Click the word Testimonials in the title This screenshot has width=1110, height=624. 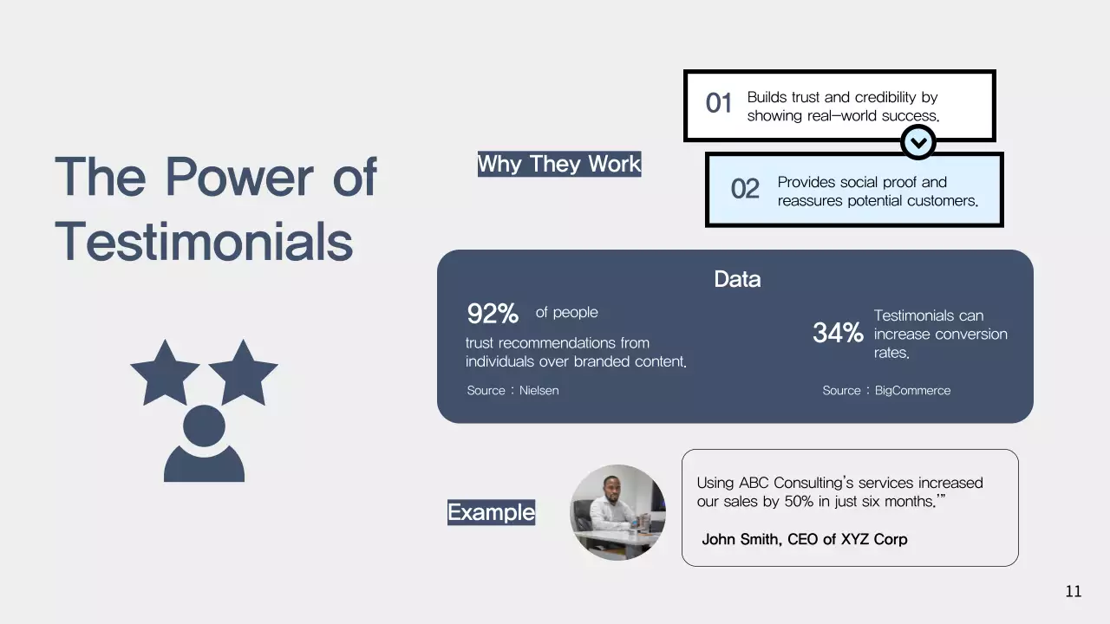click(x=204, y=241)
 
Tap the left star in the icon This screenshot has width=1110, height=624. click(x=165, y=371)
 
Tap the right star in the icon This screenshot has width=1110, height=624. click(x=243, y=371)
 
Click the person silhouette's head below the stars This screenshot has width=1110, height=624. click(x=205, y=426)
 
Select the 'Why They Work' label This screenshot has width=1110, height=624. click(x=558, y=164)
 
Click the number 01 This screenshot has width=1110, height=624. click(x=719, y=104)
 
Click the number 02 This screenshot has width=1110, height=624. click(x=745, y=189)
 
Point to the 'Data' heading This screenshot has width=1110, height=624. click(x=737, y=279)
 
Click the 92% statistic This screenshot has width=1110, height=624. click(x=493, y=313)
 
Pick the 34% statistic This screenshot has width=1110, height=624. click(x=838, y=333)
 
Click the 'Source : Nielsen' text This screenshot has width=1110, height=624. click(x=513, y=391)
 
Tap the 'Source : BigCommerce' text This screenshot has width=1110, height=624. click(x=886, y=391)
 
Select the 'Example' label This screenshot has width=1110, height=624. click(x=491, y=512)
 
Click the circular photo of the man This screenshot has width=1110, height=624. click(x=617, y=512)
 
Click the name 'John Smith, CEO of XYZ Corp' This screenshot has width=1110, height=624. click(x=804, y=539)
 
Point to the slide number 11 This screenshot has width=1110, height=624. click(x=1074, y=592)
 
